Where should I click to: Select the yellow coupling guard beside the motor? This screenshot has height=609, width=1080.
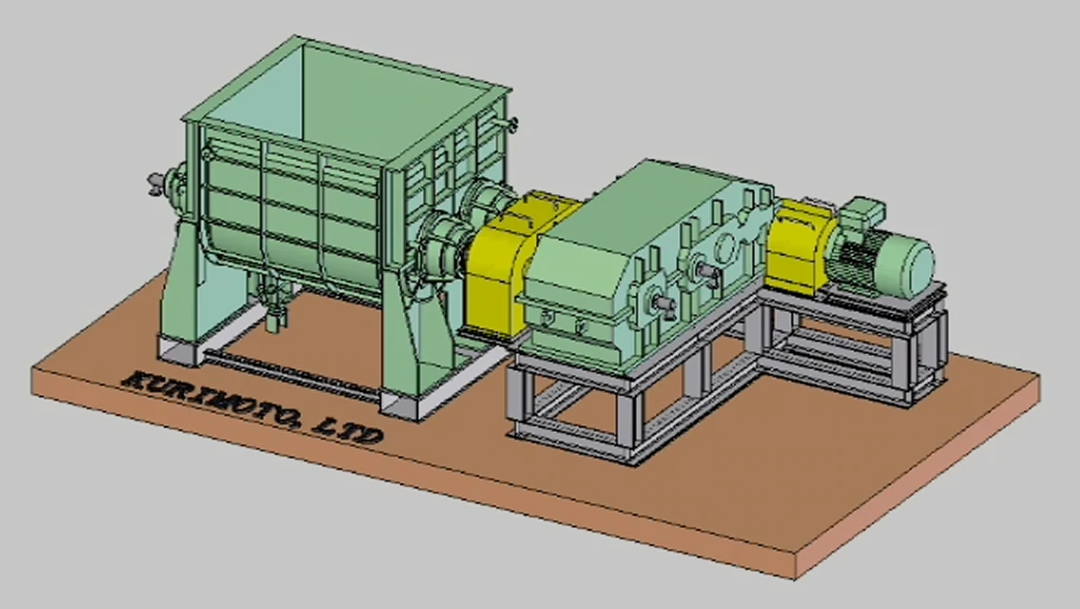tap(797, 245)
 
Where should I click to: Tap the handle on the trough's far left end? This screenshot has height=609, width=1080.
tap(159, 182)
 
